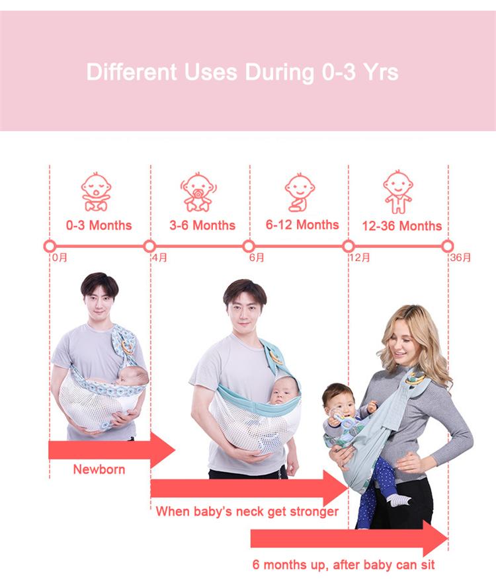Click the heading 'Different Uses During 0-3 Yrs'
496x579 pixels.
coord(242,71)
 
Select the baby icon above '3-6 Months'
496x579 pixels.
coord(196,192)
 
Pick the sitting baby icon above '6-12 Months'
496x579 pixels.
coord(300,192)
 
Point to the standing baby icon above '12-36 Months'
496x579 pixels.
coord(397,192)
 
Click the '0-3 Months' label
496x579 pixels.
coord(99,225)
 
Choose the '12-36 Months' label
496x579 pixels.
coord(401,226)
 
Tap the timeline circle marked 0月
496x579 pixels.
coord(50,246)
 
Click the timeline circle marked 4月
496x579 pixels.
coord(149,246)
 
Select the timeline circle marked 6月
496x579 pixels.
coord(249,246)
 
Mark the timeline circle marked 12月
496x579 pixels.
coord(349,246)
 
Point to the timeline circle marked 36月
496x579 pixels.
coord(448,246)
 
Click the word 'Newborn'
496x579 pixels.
coord(99,470)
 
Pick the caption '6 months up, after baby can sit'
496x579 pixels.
coord(343,565)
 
